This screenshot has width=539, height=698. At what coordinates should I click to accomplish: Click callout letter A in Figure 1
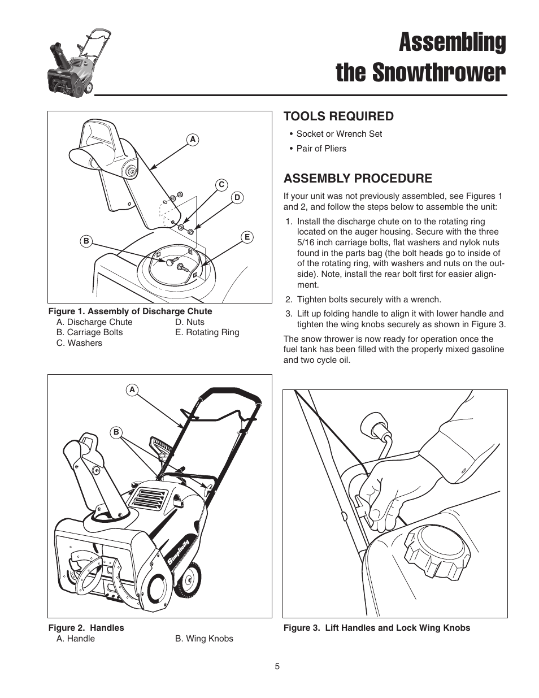click(193, 140)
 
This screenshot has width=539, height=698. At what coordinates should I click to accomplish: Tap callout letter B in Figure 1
click(86, 241)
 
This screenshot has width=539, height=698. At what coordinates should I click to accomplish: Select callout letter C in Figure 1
click(221, 185)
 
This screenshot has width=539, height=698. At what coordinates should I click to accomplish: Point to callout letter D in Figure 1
click(237, 197)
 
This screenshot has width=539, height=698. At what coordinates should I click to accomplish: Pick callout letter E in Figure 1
click(247, 237)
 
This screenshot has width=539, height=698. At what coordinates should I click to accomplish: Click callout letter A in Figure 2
click(132, 390)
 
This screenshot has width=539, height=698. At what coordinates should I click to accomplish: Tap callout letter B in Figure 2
click(116, 432)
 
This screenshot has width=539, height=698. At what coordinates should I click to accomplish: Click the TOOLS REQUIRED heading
click(338, 116)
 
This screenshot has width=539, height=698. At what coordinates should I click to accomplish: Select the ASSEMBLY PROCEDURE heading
click(357, 179)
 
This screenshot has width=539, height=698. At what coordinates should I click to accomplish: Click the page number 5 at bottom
click(277, 666)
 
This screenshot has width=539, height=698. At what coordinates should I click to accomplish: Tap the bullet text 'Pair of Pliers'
click(321, 149)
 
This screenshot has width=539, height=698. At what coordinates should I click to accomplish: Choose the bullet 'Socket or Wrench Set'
click(339, 134)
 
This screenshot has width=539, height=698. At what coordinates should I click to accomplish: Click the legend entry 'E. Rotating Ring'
click(207, 332)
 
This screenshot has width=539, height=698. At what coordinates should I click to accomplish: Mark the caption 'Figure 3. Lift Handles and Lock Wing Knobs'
click(376, 628)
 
